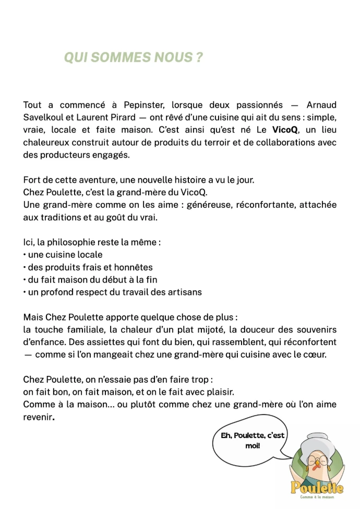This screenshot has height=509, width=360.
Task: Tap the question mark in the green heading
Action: click(x=199, y=58)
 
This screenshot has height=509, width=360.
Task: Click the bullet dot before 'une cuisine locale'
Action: click(x=25, y=255)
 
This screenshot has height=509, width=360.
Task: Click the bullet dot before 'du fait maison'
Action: click(x=25, y=280)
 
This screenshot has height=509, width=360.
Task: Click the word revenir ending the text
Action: click(x=38, y=417)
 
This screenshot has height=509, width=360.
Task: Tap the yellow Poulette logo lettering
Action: click(x=317, y=488)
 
